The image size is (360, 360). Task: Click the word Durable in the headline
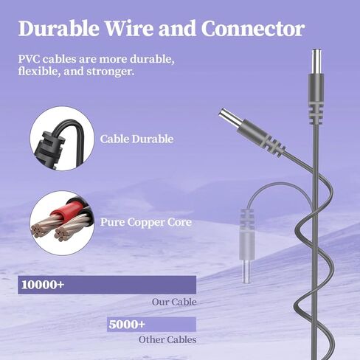click(59, 28)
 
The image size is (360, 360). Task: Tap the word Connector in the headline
click(253, 29)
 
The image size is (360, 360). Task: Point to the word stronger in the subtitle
click(110, 72)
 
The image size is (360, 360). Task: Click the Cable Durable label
click(136, 139)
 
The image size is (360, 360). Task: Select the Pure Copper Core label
click(146, 222)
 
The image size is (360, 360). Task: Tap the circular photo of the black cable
click(62, 139)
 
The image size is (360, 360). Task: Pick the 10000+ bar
click(107, 285)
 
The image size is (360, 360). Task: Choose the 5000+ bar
click(151, 325)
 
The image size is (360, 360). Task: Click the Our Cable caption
click(174, 302)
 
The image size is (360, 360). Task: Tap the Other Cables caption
click(167, 339)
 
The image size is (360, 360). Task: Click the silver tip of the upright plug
click(317, 61)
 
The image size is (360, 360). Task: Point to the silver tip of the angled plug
click(229, 117)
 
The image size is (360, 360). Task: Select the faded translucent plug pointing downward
click(246, 246)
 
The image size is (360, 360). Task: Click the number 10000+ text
click(43, 285)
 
